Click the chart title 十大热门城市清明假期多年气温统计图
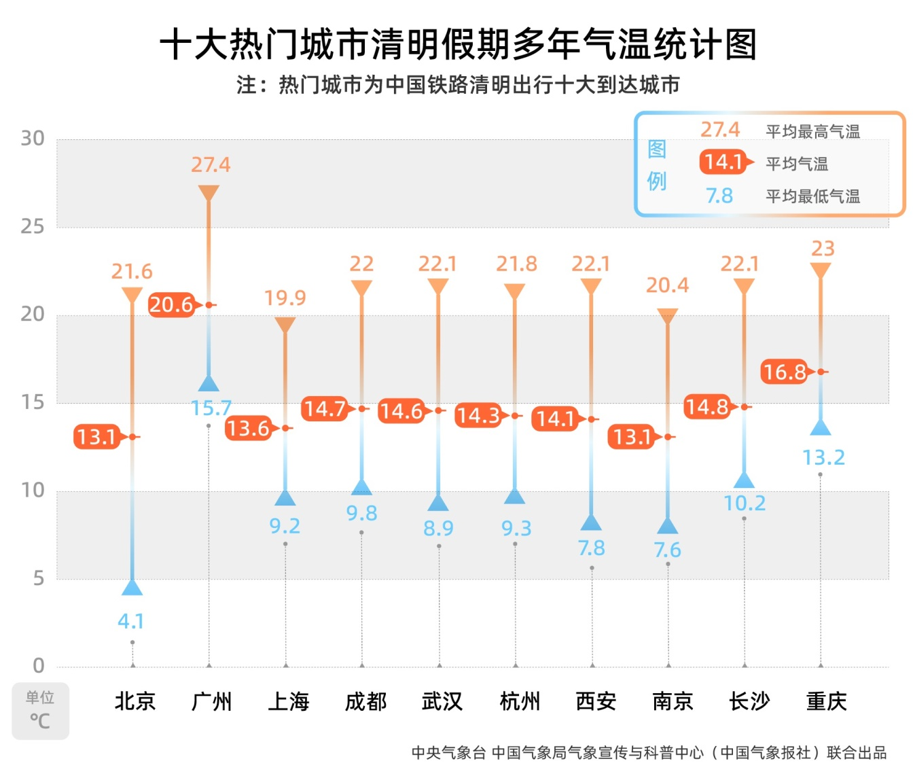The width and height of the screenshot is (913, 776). [x=457, y=45]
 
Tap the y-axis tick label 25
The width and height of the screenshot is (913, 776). [x=33, y=226]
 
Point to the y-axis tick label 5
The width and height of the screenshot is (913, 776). [x=39, y=578]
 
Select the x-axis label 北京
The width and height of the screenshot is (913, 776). [x=135, y=701]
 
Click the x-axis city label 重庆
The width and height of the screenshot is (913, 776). [x=826, y=701]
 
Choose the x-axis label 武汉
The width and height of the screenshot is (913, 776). [x=442, y=701]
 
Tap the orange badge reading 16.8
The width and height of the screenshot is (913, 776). [x=785, y=372]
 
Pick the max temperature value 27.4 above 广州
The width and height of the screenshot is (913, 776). [x=211, y=165]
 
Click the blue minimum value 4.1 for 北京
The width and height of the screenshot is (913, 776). [x=131, y=621]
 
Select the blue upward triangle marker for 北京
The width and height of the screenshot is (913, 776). [x=132, y=588]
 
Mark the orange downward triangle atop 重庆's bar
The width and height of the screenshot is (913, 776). [x=821, y=270]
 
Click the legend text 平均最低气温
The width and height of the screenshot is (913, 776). [x=812, y=196]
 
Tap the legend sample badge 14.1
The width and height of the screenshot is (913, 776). [x=723, y=162]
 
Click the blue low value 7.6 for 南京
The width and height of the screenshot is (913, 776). [x=667, y=550]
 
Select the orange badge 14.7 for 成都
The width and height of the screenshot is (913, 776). [x=325, y=409]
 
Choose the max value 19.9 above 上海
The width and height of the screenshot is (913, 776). [x=285, y=298]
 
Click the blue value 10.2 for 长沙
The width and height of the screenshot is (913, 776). [x=745, y=504]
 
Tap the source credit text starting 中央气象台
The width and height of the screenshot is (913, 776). [x=649, y=753]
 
